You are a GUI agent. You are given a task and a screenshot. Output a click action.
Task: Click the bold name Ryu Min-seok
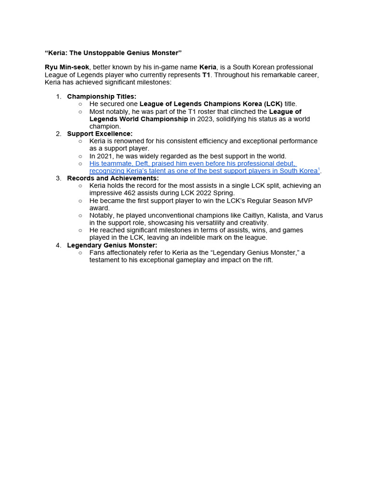point(66,67)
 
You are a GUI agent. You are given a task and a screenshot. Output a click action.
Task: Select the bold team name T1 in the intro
point(206,75)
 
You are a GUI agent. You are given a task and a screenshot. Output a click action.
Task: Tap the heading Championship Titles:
point(102,96)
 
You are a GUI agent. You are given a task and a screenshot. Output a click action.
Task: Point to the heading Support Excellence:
point(100,134)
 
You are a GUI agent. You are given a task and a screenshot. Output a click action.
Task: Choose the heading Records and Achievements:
point(113,178)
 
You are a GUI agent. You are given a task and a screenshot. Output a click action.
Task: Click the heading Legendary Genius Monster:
point(112,245)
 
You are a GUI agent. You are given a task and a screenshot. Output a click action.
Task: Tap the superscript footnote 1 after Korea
point(319,169)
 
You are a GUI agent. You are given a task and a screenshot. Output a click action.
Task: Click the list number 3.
point(58,178)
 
